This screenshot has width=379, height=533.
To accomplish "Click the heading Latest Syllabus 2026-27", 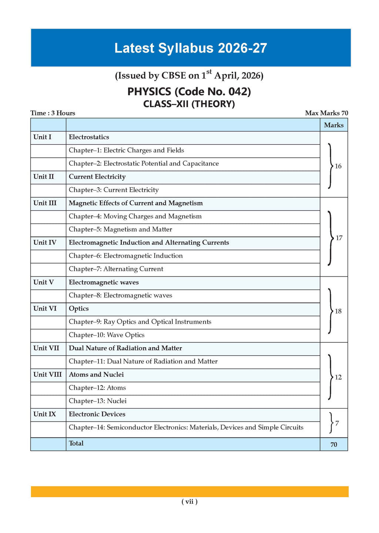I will click(x=191, y=48).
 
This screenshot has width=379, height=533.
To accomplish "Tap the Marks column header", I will click(x=333, y=125).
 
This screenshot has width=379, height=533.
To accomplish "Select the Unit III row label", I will click(x=45, y=203).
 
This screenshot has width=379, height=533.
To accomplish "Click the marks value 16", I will click(x=338, y=166).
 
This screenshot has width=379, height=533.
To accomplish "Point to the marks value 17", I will click(x=339, y=238).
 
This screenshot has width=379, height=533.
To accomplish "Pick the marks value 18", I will click(x=338, y=311).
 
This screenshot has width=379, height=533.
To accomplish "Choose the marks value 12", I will click(x=338, y=377).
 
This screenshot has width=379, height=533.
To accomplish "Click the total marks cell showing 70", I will click(x=334, y=445).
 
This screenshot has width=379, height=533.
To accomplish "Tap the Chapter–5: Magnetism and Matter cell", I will click(x=120, y=229).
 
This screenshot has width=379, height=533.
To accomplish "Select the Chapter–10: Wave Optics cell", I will click(x=107, y=335).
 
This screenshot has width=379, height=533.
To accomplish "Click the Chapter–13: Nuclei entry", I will click(x=98, y=401).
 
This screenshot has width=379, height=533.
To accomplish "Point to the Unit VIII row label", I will click(x=47, y=375).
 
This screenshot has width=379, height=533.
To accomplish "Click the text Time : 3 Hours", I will click(x=53, y=113).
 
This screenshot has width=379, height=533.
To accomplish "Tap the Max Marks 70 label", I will click(x=326, y=113).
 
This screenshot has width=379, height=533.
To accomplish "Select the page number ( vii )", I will click(x=189, y=502).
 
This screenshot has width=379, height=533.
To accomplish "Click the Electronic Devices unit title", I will click(x=97, y=414).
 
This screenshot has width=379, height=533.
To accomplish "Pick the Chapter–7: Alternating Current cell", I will click(x=116, y=269).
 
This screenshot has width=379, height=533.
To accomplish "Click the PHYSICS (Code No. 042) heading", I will click(x=189, y=91).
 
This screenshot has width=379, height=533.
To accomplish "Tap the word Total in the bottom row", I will click(x=76, y=443).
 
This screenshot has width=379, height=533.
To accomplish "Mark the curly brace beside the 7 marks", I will click(x=331, y=423).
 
